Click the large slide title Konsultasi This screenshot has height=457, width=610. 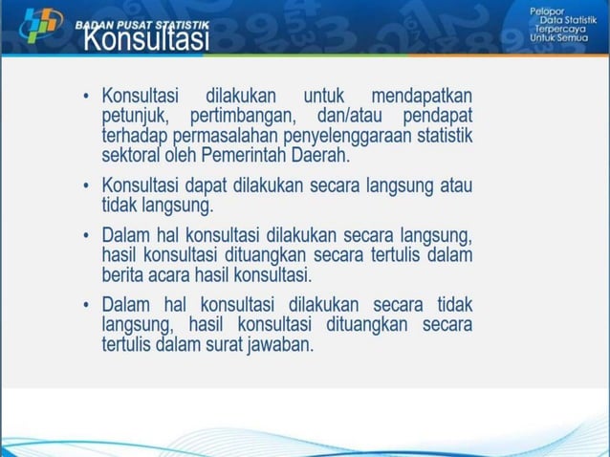click(x=145, y=40)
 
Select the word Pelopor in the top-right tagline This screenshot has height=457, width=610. click(x=548, y=10)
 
